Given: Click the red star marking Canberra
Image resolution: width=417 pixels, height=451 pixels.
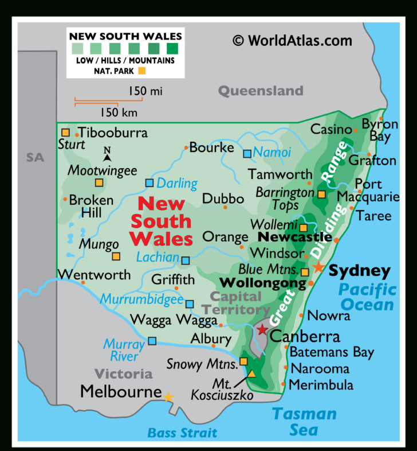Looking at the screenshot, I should coord(262,329).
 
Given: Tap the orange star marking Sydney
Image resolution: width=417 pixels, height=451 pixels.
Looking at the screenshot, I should coord(318,267).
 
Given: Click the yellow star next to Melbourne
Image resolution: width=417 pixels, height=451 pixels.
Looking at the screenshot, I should coord(168,396).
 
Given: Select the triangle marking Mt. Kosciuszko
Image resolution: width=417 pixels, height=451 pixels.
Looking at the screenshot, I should coord(251,374).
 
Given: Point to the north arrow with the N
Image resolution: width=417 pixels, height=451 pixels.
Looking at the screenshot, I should coord(107,154).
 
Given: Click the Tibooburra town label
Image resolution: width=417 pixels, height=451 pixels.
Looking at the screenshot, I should coord(113,133).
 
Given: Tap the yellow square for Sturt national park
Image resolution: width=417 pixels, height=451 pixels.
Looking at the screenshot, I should coord(65,133).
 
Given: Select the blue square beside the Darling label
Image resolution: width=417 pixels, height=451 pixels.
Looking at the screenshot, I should coord(150,183).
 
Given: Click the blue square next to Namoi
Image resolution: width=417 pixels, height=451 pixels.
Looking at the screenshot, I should coord(247,153).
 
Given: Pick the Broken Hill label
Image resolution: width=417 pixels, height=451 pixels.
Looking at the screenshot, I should coord(91,207).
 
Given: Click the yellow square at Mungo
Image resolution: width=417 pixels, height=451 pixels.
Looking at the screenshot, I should coord(116,256).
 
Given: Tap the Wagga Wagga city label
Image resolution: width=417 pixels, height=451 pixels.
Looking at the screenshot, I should coord(167,320).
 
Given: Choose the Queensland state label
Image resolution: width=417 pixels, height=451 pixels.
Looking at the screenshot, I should coord(261,91).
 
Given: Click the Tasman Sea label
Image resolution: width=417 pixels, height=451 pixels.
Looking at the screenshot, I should coord(304,421).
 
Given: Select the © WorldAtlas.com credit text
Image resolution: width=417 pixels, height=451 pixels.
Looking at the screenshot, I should coord(292,40).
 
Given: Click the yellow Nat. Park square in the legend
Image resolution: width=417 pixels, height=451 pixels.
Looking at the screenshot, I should coord(142,71).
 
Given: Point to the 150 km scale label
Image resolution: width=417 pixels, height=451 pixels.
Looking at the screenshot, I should coord(119,112).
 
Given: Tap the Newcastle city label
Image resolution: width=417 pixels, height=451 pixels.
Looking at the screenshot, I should coord(295,237).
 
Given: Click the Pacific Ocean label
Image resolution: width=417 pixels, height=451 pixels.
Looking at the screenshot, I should coord(367,297).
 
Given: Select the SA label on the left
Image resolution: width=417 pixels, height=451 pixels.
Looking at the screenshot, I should coord(35,157).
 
